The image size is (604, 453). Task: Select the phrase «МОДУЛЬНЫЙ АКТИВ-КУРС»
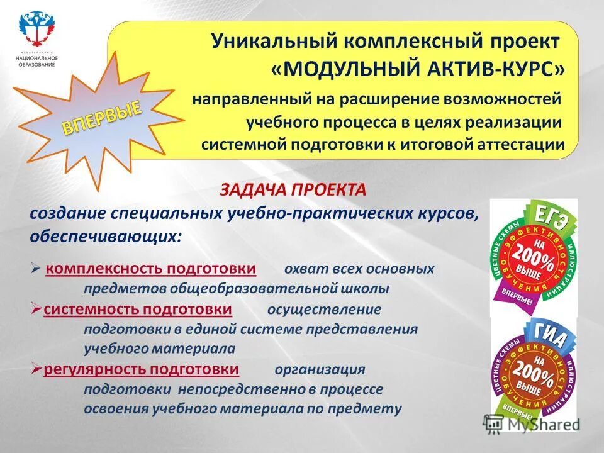click(x=417, y=69)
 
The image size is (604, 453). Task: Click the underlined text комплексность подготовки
click(x=150, y=269)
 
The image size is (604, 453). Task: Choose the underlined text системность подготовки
click(x=138, y=310)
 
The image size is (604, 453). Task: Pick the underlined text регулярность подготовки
click(x=141, y=369)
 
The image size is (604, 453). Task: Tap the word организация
click(x=320, y=369)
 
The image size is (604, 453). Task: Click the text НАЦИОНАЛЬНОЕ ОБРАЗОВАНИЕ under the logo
click(x=36, y=61)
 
